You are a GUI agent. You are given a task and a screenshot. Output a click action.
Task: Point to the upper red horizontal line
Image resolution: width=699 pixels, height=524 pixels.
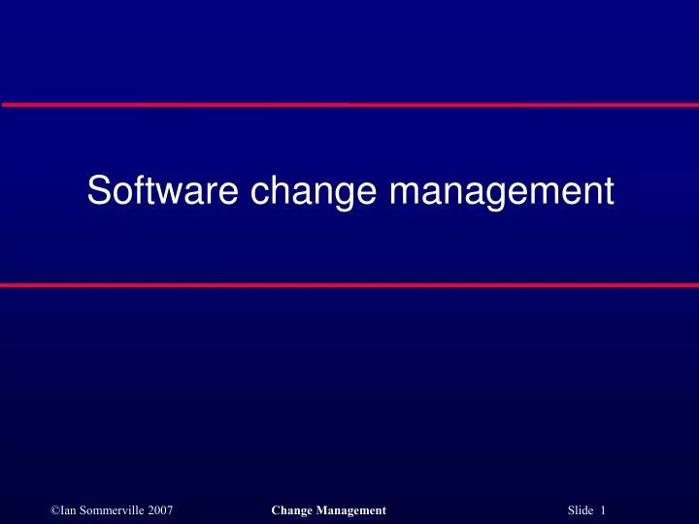349,104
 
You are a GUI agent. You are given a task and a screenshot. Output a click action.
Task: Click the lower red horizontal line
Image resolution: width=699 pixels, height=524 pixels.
349,285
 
